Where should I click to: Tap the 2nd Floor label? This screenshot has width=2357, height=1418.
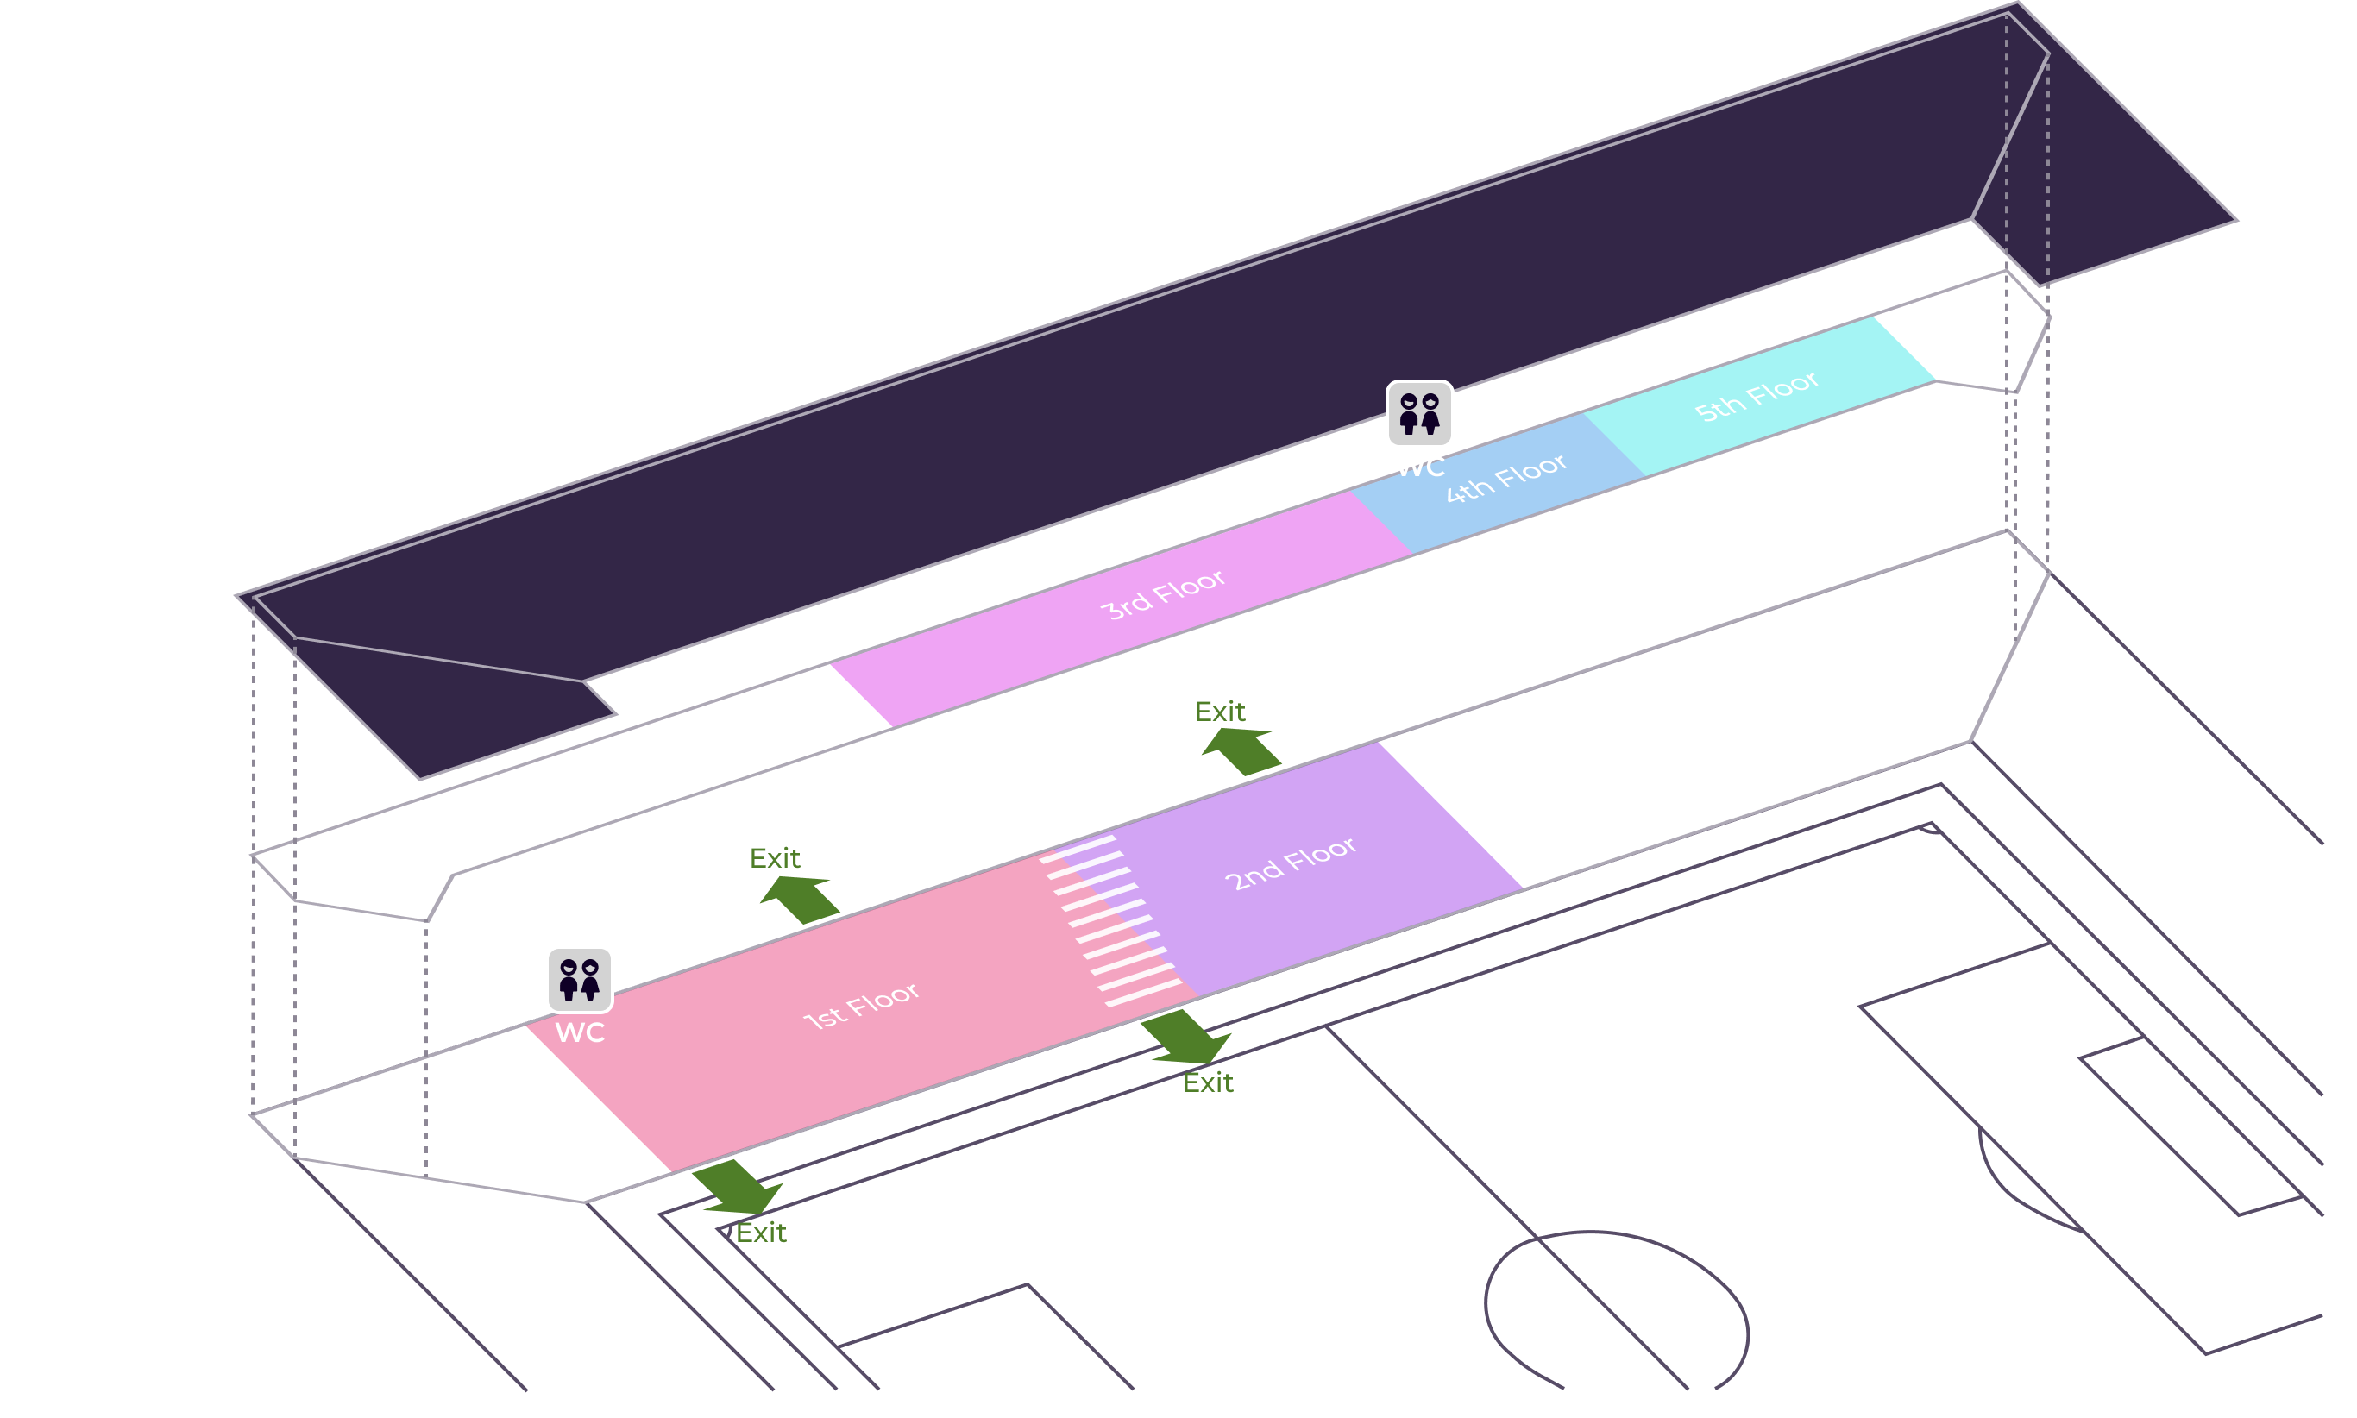click(1291, 863)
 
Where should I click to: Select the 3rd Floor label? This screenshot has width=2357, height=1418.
click(1161, 595)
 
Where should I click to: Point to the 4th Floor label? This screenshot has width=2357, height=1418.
click(1506, 478)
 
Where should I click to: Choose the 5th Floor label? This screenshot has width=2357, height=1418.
click(1757, 397)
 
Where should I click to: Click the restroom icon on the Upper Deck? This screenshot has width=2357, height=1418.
click(1419, 414)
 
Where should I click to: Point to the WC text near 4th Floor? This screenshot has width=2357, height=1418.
click(1419, 467)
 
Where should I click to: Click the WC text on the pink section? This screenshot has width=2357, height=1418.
click(579, 1033)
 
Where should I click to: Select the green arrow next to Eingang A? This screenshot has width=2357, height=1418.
click(799, 898)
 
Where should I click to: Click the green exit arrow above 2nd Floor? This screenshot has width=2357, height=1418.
click(1241, 750)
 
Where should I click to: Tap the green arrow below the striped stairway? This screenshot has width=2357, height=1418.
click(1186, 1038)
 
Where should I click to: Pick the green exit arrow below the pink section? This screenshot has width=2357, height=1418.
click(737, 1188)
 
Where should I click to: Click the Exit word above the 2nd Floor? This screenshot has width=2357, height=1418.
click(1220, 712)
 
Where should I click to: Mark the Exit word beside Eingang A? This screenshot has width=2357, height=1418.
click(774, 858)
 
